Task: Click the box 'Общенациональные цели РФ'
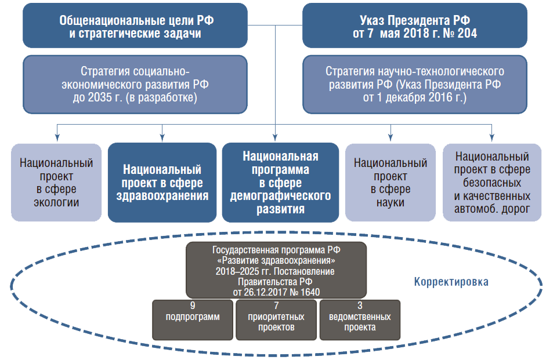135,26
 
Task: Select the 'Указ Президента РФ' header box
415,26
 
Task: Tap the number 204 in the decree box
467,34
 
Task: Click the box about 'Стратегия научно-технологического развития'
415,85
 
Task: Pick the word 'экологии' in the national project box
56,202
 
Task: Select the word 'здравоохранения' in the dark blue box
162,196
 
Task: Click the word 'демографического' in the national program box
280,196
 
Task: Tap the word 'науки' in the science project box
390,202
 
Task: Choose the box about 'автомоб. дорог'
492,183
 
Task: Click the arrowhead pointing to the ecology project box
57,138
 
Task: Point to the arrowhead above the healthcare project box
162,138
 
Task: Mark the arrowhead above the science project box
390,138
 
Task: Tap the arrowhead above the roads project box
491,138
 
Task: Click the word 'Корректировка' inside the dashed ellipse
451,282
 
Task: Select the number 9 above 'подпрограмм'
193,306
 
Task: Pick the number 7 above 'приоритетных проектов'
276,306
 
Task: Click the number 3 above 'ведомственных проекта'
360,306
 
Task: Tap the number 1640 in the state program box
310,292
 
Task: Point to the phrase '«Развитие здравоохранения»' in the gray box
277,260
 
